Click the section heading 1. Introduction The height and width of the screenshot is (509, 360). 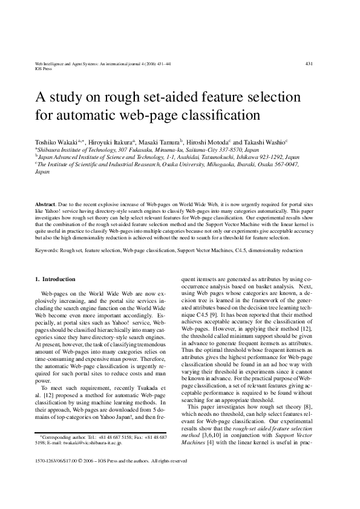(x=55, y=279)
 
